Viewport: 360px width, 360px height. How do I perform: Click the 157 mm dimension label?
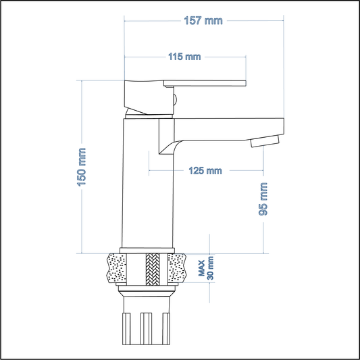point(203,21)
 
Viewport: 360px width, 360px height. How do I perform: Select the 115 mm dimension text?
point(184,57)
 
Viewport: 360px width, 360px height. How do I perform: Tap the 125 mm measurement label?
point(205,171)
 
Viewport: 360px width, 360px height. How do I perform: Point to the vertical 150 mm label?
point(82,167)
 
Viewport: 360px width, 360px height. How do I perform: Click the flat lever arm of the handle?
point(206,84)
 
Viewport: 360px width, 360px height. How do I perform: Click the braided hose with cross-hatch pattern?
point(153,269)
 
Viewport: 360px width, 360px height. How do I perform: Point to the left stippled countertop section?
point(121,269)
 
